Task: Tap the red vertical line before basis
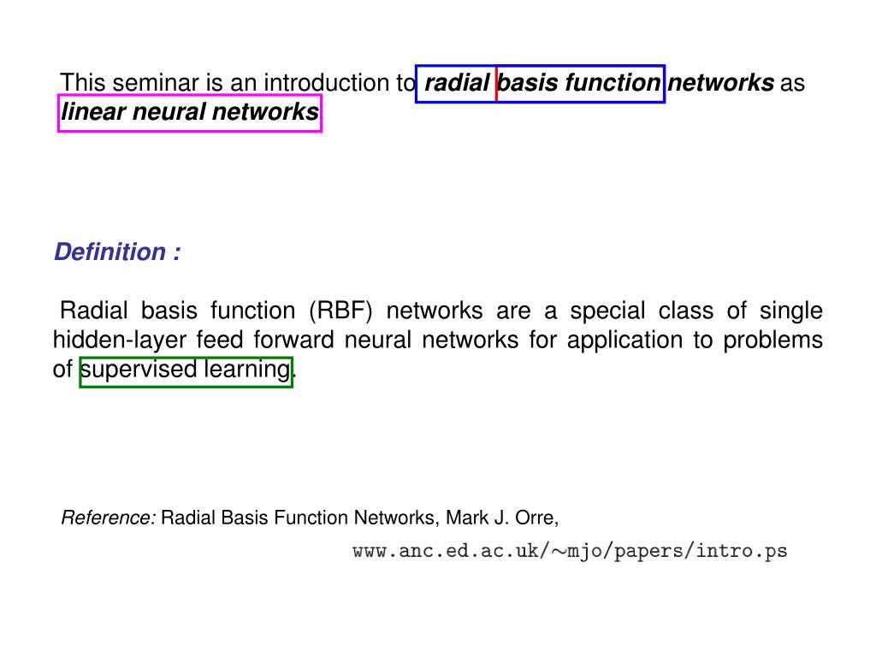tap(496, 84)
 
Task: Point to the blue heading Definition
tap(110, 252)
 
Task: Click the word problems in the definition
tap(773, 340)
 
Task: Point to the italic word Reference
tap(108, 518)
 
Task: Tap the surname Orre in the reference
tap(536, 518)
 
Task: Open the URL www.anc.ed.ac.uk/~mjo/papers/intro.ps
tap(570, 552)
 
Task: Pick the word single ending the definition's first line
tap(791, 311)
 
